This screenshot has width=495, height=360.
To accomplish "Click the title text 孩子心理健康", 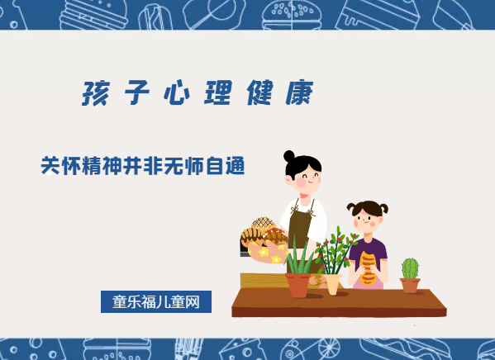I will click(198, 93).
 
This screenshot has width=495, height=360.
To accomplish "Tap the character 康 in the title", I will click(302, 93).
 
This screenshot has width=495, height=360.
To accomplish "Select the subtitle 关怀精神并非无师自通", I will click(143, 165).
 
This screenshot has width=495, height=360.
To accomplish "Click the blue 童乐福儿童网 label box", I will click(156, 302).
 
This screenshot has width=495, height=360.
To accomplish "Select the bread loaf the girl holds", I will click(369, 267).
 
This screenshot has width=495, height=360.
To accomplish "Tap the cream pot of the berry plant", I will click(333, 283).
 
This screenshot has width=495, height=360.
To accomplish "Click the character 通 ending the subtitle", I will click(236, 165).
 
